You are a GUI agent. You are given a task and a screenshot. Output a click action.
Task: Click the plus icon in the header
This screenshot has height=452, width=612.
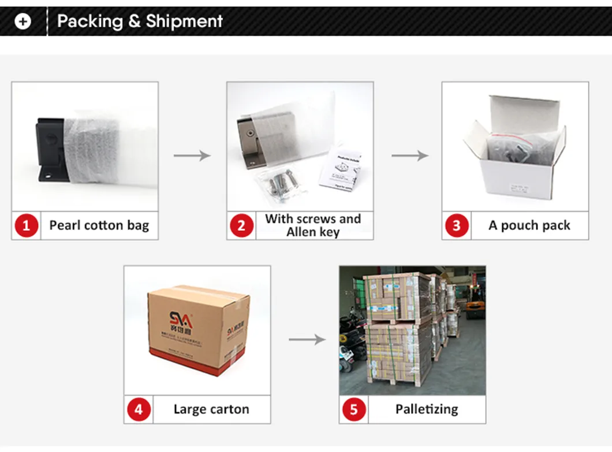pos(23,22)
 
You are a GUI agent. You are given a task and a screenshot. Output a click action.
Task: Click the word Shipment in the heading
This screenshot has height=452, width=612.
pos(184,21)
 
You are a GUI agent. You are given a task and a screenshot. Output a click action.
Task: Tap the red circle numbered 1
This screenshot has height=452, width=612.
pos(27,225)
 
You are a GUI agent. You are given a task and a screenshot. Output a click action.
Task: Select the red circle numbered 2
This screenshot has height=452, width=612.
pos(241,225)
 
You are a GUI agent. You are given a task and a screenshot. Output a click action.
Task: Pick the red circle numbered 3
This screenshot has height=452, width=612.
pos(457,225)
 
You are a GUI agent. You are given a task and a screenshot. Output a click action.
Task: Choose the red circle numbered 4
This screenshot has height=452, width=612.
pos(139,410)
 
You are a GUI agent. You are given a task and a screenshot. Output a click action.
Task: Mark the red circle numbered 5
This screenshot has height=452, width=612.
pos(354,410)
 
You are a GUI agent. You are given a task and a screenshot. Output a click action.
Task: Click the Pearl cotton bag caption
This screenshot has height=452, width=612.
pos(99,225)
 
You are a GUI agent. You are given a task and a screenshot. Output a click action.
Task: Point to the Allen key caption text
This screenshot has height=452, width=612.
pos(313,232)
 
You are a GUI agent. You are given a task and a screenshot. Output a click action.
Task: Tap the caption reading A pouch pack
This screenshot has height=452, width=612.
pos(529,225)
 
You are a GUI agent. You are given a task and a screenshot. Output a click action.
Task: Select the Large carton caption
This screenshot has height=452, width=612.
pos(211,410)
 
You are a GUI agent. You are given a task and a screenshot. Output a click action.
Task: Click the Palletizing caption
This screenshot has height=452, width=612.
pos(427,409)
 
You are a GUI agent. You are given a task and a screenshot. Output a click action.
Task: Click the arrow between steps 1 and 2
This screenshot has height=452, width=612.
pos(192,155)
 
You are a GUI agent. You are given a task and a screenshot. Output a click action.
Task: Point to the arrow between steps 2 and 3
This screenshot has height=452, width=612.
pos(409,155)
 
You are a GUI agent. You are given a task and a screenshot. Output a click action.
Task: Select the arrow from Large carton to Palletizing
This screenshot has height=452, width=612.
pos(307,339)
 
